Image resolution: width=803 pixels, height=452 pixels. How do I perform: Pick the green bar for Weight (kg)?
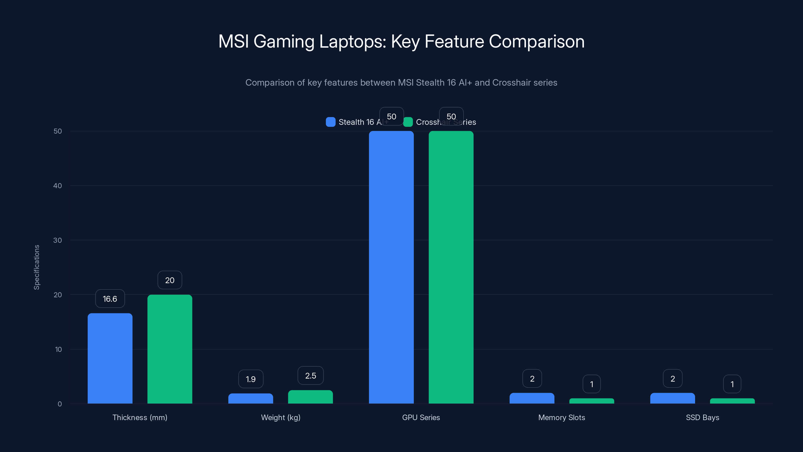tap(310, 397)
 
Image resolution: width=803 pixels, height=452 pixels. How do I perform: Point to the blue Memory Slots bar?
tap(532, 398)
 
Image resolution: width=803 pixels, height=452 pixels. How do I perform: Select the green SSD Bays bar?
tap(732, 401)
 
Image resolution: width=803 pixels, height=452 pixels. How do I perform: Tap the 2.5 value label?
tap(310, 376)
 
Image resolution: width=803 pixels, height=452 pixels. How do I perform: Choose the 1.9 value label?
tap(251, 379)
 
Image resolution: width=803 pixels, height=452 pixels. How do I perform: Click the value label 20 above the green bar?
tap(170, 280)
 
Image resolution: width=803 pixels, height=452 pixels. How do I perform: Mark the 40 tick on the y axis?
tap(58, 186)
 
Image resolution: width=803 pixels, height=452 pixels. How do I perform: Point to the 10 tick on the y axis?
tap(58, 349)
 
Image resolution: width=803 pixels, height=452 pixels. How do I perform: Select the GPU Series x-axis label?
tap(421, 417)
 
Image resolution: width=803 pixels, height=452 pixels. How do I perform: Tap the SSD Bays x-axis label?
tap(702, 417)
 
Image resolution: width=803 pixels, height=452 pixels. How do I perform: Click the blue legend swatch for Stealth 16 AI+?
tap(330, 122)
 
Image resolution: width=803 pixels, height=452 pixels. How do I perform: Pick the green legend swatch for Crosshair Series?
tap(408, 122)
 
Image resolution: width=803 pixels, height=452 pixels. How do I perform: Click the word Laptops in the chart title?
tap(352, 42)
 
